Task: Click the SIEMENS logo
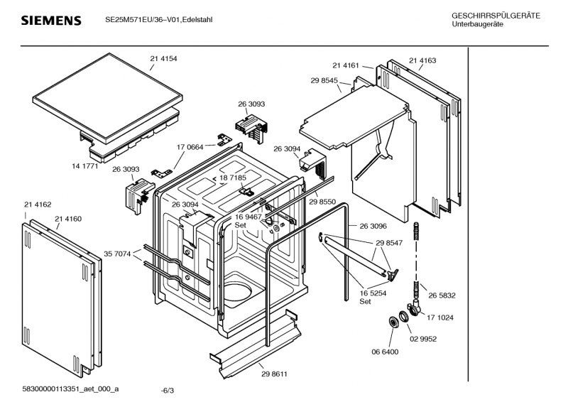(51, 21)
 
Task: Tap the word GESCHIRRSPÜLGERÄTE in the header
(496, 16)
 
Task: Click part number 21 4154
(164, 59)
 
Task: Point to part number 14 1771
(84, 166)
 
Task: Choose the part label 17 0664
(190, 147)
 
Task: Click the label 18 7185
(233, 178)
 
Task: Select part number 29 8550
(322, 202)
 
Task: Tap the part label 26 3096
(373, 226)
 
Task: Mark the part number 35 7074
(117, 254)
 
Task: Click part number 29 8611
(274, 374)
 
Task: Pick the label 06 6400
(385, 352)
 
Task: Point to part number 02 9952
(423, 339)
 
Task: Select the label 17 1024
(440, 317)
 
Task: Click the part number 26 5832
(442, 295)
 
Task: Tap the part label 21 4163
(422, 60)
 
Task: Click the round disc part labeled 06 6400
(393, 322)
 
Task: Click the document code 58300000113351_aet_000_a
(70, 389)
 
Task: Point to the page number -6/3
(167, 391)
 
